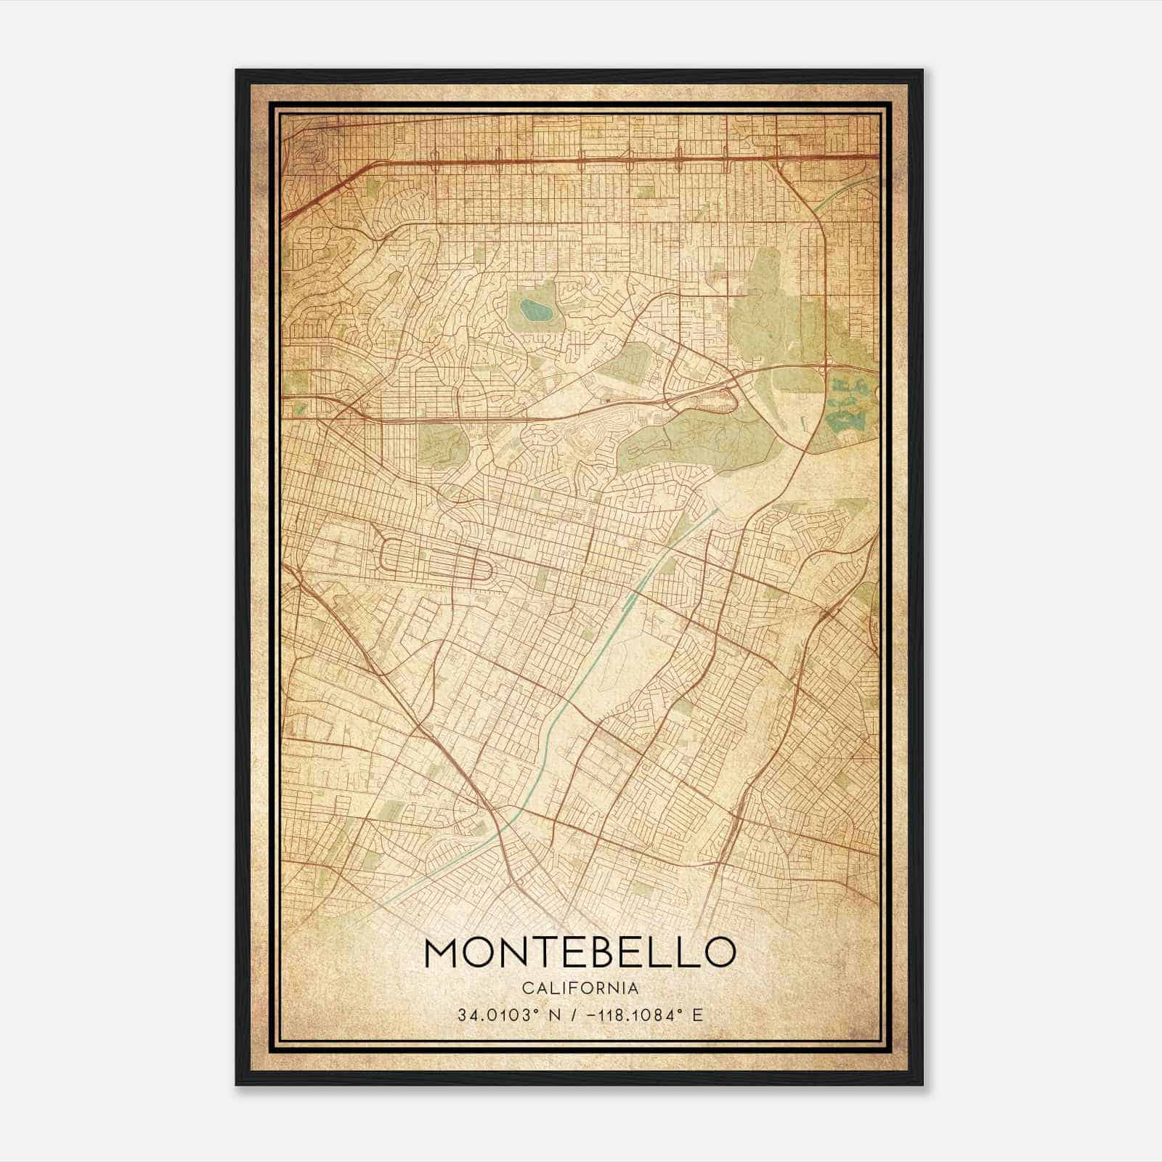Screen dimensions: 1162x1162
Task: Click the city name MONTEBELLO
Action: [x=580, y=952]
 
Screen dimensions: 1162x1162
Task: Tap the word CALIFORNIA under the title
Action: [x=580, y=988]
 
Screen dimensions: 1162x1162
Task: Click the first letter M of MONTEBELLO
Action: [x=442, y=952]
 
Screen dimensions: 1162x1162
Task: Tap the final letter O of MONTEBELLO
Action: [x=717, y=952]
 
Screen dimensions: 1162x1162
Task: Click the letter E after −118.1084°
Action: [x=698, y=1015]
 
